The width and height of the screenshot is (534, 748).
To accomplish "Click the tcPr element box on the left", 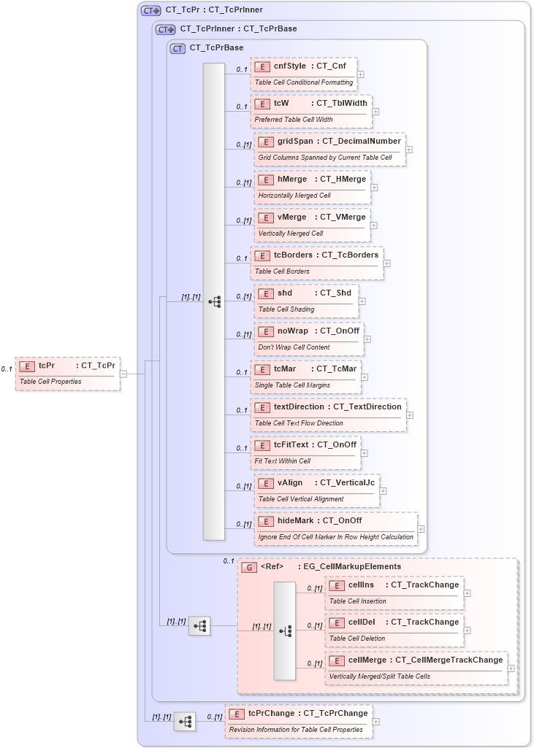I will (x=67, y=373).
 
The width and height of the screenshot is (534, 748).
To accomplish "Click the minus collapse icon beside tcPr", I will (x=123, y=374).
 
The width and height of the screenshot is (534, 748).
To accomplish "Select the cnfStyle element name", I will (x=289, y=66).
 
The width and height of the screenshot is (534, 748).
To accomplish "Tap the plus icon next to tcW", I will (x=375, y=112).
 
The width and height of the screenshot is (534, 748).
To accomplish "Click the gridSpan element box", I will (x=329, y=149).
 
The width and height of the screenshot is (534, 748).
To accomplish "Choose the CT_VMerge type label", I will (x=343, y=217).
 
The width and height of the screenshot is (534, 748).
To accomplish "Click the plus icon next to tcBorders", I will (x=387, y=263).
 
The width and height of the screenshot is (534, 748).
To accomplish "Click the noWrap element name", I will (x=292, y=331).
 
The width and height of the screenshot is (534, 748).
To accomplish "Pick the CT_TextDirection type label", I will (x=367, y=406).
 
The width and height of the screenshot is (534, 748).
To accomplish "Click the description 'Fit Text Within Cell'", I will (x=282, y=461).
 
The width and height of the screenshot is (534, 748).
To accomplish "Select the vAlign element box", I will (x=316, y=490).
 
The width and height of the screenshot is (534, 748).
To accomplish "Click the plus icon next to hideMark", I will (x=421, y=529).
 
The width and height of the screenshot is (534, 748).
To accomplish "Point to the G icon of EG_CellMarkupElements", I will (x=249, y=566).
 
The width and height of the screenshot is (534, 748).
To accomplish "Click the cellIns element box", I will (x=394, y=593).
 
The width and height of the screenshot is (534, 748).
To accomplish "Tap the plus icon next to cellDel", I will (x=468, y=630).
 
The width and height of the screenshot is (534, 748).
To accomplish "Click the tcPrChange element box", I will (x=298, y=720).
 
